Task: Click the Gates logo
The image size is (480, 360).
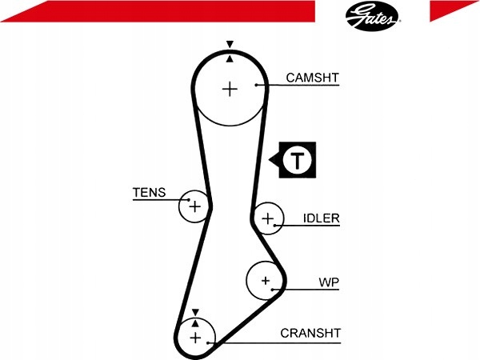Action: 372,16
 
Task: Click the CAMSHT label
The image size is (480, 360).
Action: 313,78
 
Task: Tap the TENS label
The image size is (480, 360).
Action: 149,193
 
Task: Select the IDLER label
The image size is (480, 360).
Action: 322,218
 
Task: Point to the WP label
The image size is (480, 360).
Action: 329,282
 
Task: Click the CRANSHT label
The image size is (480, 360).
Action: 310,333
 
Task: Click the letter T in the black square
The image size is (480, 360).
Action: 298,160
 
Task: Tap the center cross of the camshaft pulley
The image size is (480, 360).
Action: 230,89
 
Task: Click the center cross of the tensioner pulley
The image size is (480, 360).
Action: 194,206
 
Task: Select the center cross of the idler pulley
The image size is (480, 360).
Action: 268,218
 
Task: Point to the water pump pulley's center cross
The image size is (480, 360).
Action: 266,281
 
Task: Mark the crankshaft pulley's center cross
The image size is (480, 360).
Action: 195,338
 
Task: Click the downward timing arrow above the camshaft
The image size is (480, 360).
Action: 230,44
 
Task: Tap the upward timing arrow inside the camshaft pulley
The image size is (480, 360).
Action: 230,58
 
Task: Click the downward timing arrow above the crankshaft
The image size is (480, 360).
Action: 195,313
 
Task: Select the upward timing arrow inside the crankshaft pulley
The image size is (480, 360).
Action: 195,323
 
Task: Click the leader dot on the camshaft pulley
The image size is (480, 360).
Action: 256,85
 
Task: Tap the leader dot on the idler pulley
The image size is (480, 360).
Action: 275,226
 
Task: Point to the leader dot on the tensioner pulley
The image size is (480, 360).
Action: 189,200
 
